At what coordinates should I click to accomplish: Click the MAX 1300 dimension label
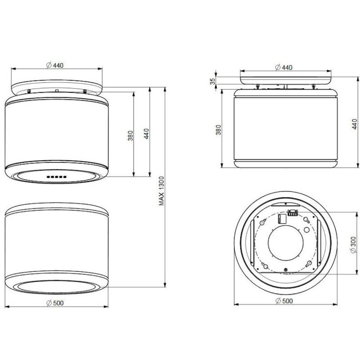pyautogui.click(x=162, y=191)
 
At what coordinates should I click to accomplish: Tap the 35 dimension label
pyautogui.click(x=213, y=81)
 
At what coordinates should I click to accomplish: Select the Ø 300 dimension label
pyautogui.click(x=354, y=245)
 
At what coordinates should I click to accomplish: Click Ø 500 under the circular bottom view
pyautogui.click(x=284, y=301)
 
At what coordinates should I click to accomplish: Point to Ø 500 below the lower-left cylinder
pyautogui.click(x=55, y=303)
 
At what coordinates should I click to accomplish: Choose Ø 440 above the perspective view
pyautogui.click(x=54, y=65)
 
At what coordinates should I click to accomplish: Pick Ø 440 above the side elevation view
pyautogui.click(x=283, y=67)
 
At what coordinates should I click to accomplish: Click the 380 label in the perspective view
pyautogui.click(x=130, y=135)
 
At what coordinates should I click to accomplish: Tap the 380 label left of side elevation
pyautogui.click(x=218, y=130)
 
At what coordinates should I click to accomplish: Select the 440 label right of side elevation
pyautogui.click(x=355, y=124)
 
